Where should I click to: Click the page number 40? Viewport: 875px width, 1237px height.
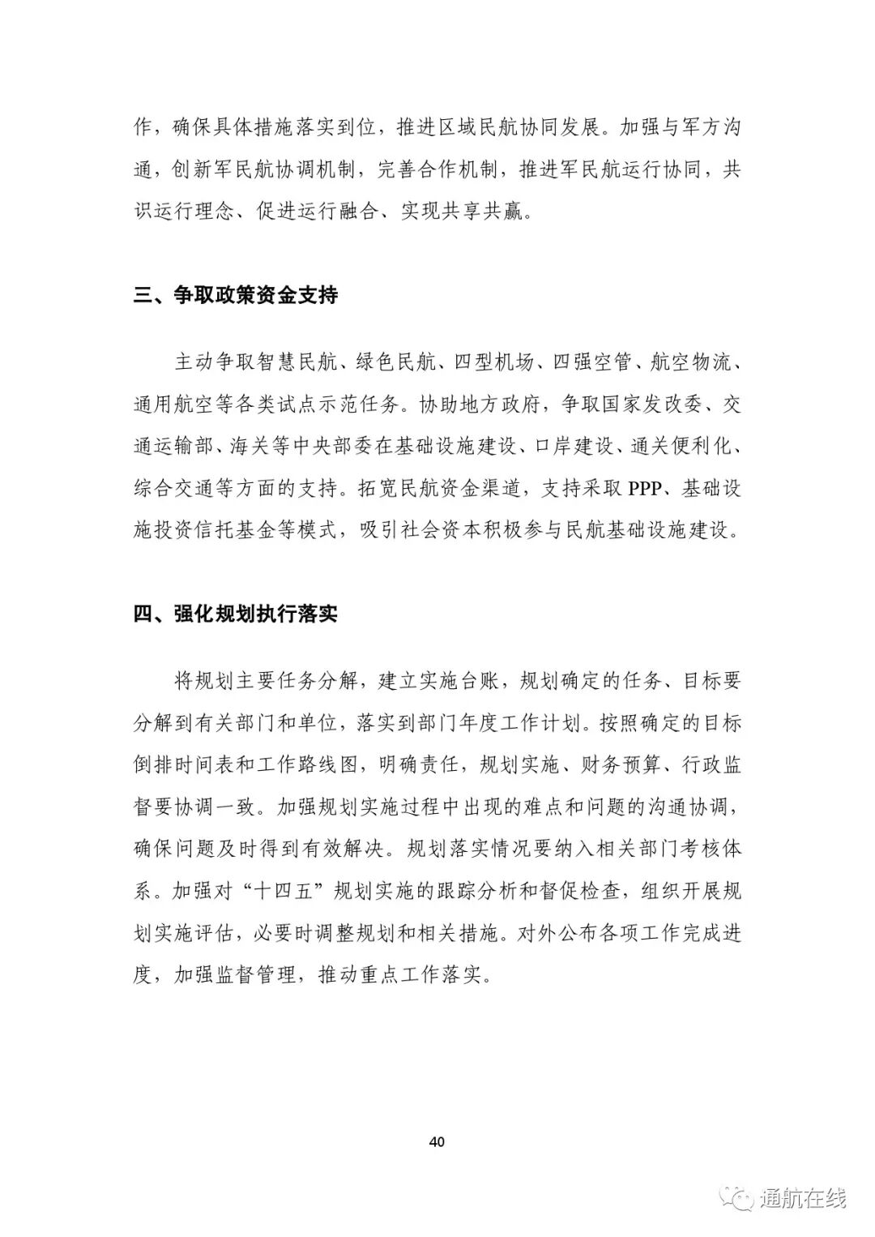coord(437,1142)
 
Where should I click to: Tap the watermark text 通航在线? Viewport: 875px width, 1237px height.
coord(803,1198)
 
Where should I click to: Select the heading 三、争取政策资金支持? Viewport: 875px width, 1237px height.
coord(235,295)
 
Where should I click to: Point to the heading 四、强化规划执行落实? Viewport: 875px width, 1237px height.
coord(235,614)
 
